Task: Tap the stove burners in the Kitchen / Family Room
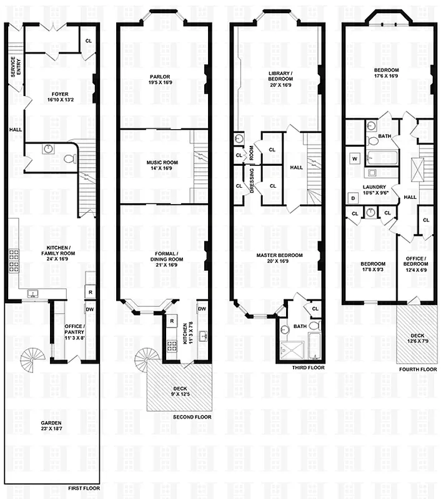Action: (x=14, y=261)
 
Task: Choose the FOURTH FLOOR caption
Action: (x=416, y=369)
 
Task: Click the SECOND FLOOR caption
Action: (x=192, y=417)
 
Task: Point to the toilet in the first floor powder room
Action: (x=69, y=158)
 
